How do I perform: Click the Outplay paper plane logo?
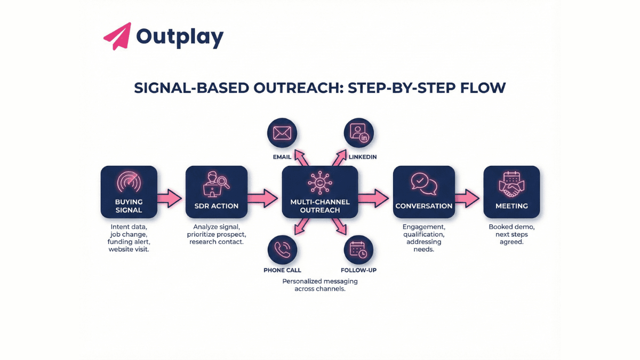(x=117, y=36)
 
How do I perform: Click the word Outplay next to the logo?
(x=180, y=37)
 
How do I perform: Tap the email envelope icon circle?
(x=282, y=133)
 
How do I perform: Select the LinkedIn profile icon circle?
(x=358, y=133)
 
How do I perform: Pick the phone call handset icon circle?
(x=282, y=249)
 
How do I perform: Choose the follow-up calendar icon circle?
(x=358, y=249)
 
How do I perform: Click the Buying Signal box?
(x=129, y=192)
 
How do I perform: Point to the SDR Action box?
(x=217, y=192)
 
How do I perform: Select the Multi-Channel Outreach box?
(x=320, y=192)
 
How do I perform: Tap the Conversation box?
(x=424, y=192)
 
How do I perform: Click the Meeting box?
(x=511, y=192)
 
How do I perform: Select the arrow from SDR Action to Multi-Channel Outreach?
(x=263, y=198)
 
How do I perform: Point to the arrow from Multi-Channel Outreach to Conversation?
(x=374, y=198)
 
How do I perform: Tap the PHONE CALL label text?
(x=282, y=270)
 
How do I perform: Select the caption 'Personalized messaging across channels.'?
(x=320, y=285)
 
